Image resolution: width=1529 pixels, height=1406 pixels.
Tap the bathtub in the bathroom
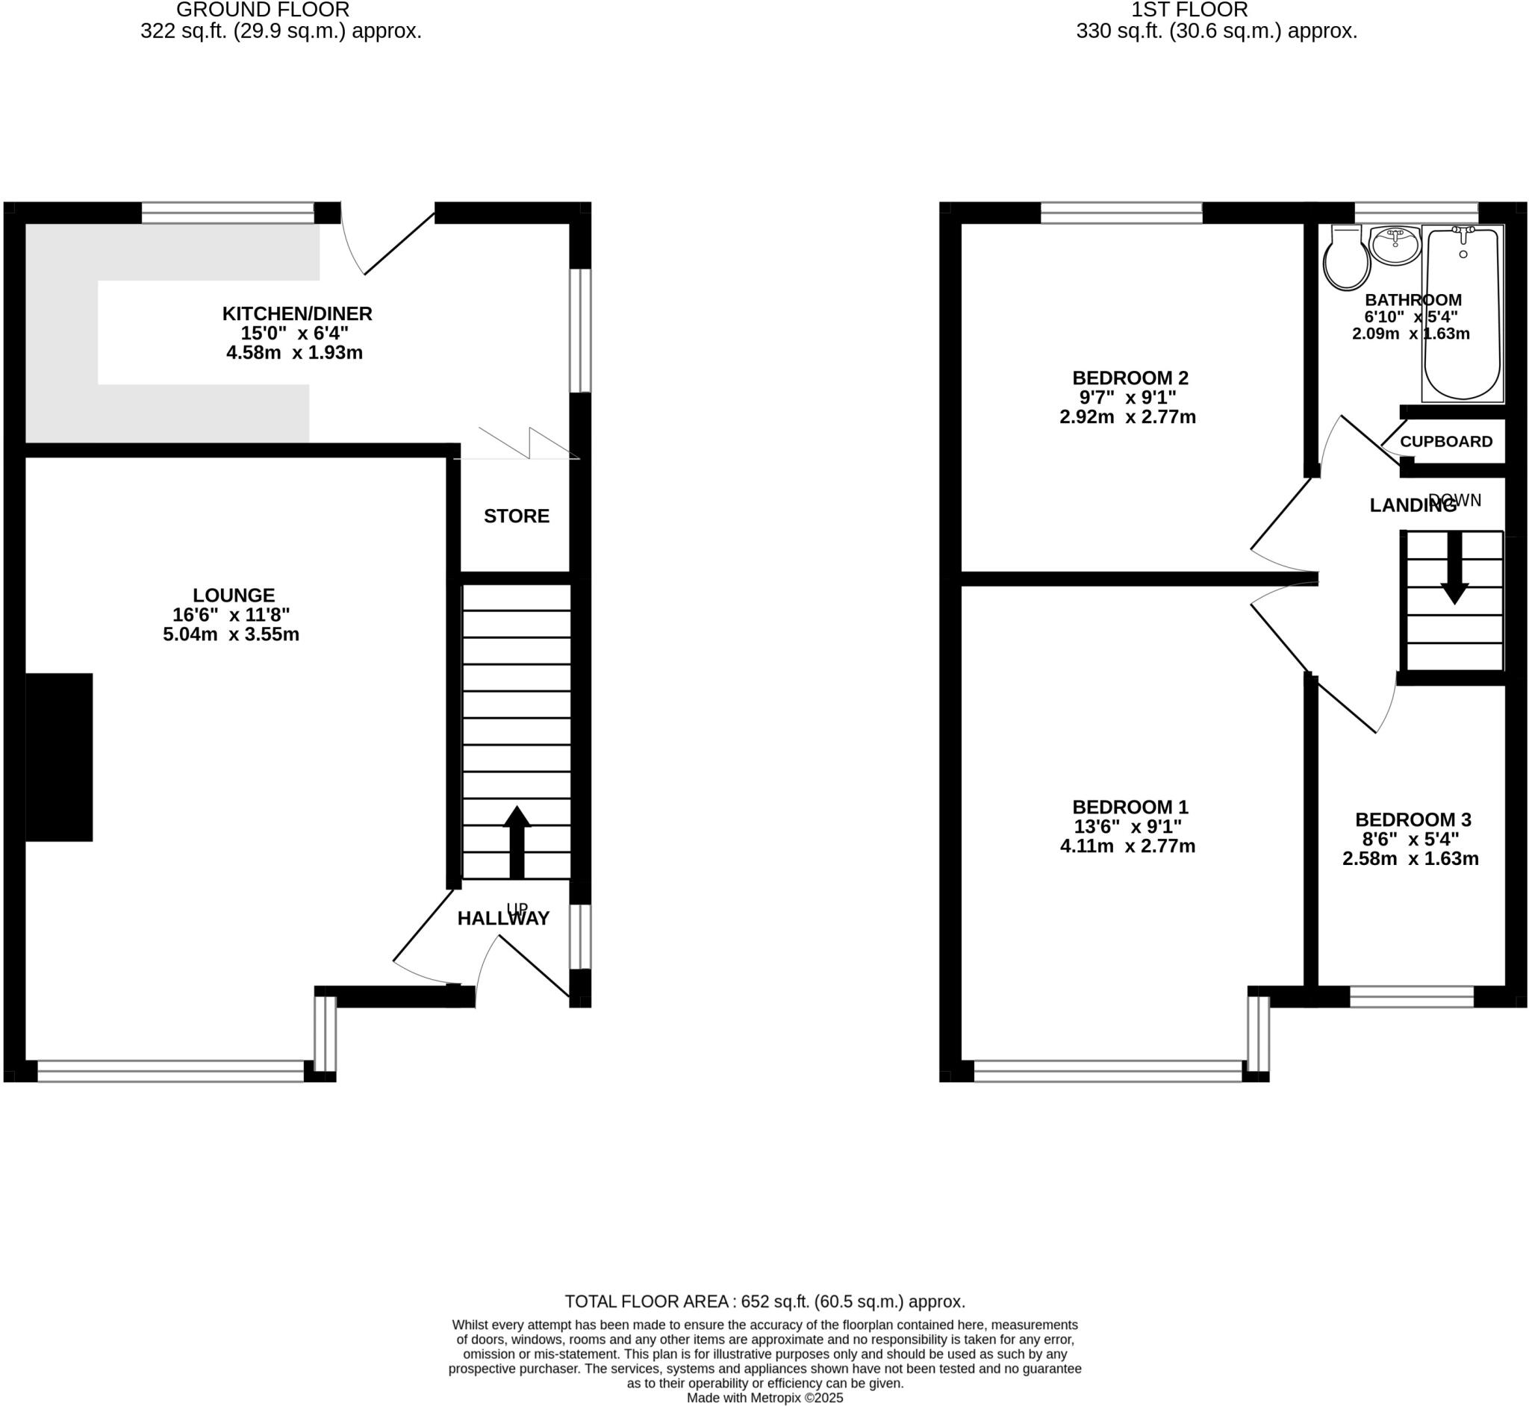click(x=1462, y=313)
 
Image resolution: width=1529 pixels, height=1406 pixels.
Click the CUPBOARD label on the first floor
click(x=1446, y=441)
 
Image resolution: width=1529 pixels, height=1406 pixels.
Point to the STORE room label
click(x=516, y=516)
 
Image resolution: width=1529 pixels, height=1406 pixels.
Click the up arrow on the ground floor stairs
click(x=517, y=841)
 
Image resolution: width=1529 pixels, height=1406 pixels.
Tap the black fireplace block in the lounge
click(x=60, y=757)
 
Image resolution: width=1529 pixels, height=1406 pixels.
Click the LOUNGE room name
click(x=233, y=595)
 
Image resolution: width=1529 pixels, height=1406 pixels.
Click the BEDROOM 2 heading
click(x=1130, y=378)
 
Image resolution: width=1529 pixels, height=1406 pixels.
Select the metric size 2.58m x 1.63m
click(x=1410, y=859)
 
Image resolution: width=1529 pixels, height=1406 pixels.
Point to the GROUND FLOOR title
click(x=263, y=10)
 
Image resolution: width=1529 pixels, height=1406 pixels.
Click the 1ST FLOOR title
click(x=1189, y=10)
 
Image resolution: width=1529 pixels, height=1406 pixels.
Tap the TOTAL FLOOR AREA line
click(x=764, y=1301)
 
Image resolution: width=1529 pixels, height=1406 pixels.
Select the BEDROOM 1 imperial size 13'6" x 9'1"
click(x=1127, y=826)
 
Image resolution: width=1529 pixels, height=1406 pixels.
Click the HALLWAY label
click(x=503, y=919)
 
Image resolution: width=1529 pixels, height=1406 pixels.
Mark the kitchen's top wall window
click(x=228, y=212)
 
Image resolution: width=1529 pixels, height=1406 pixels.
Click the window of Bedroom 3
click(x=1412, y=997)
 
